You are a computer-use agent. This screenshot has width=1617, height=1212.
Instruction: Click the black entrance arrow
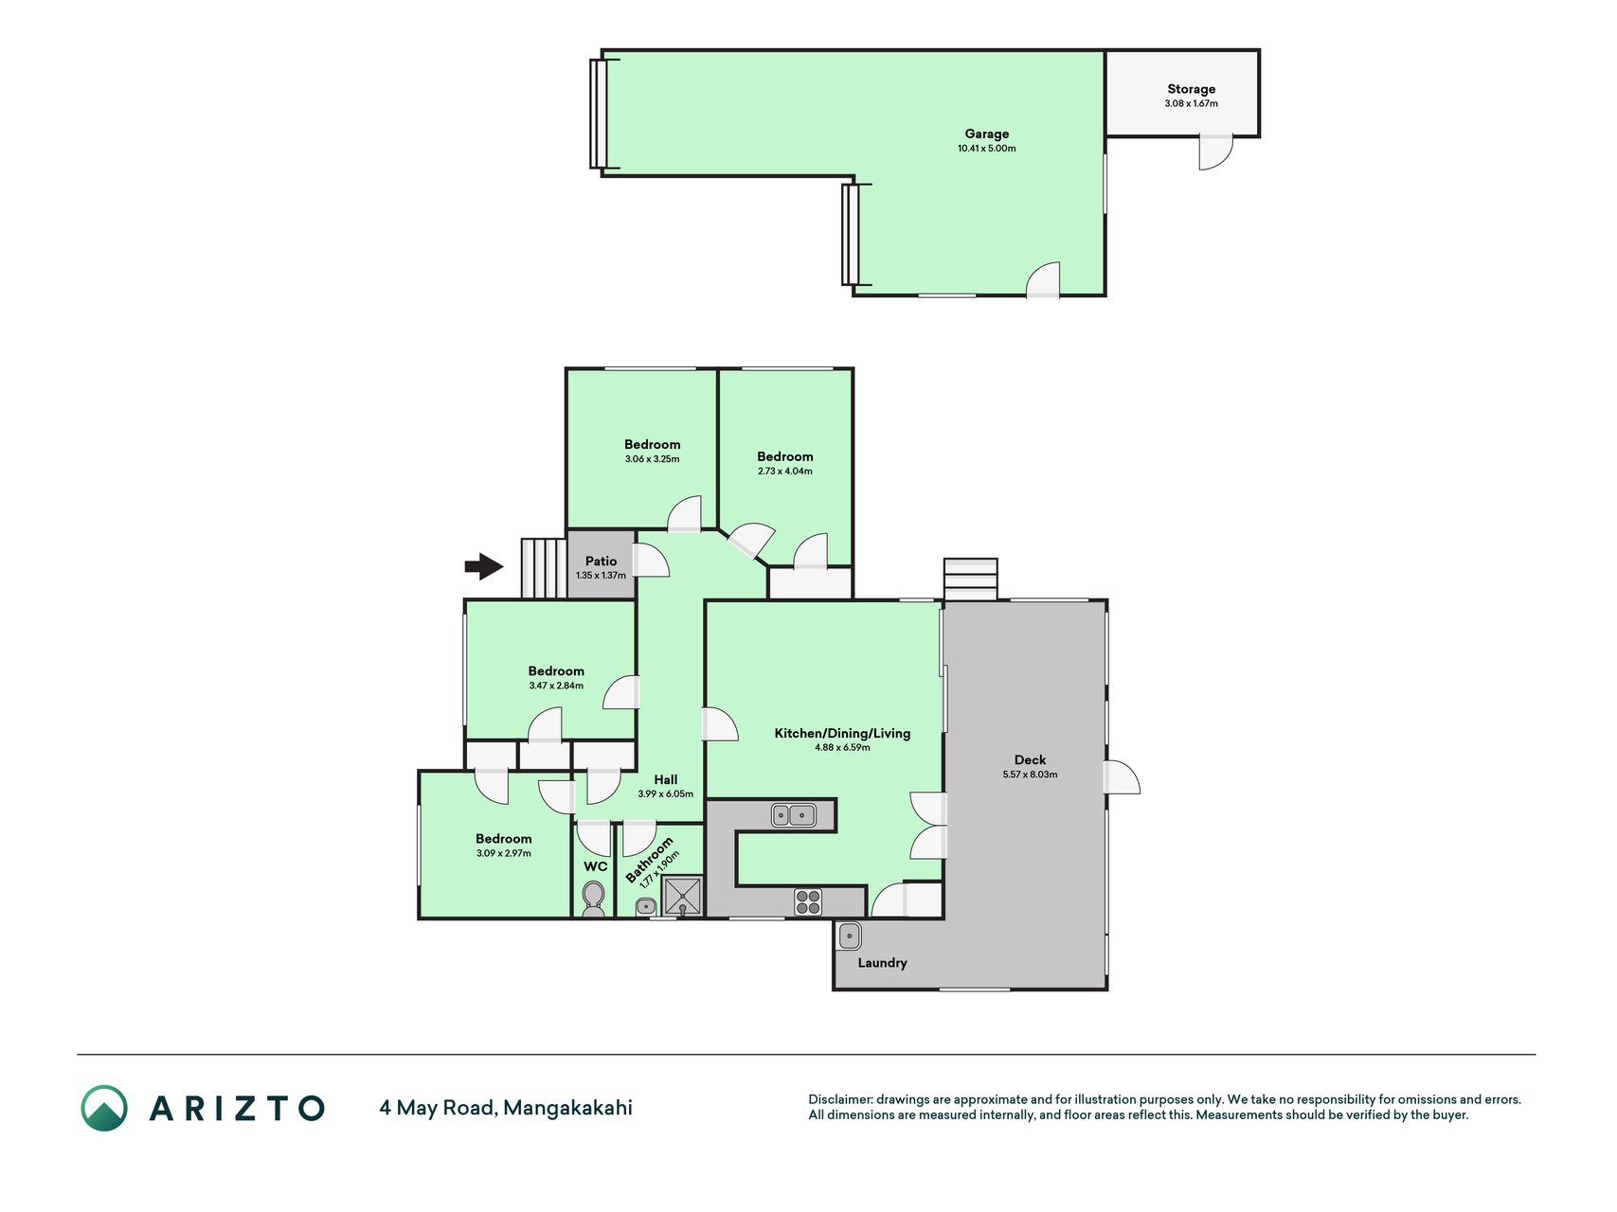(484, 566)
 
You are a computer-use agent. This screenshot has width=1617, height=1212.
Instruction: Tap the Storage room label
(1191, 89)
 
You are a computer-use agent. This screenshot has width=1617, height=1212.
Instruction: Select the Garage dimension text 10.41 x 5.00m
(986, 149)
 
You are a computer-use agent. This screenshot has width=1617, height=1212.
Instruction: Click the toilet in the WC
(594, 898)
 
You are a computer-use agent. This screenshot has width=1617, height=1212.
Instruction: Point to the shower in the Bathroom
(682, 896)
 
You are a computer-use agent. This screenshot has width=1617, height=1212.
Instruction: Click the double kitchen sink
(793, 814)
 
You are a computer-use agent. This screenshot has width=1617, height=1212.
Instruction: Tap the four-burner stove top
(808, 901)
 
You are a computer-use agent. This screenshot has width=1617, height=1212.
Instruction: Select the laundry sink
(850, 936)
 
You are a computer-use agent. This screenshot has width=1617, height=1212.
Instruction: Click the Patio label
(601, 561)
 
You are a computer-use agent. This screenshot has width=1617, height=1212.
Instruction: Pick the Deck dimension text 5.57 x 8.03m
(1030, 775)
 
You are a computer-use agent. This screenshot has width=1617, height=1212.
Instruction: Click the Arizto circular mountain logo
(104, 1108)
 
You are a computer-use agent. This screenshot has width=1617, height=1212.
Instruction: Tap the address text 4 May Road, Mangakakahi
(506, 1108)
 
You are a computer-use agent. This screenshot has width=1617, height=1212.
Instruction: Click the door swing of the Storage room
(1215, 152)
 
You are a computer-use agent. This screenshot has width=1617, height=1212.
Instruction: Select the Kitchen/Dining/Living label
(842, 733)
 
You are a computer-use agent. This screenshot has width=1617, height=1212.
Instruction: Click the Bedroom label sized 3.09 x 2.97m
(503, 839)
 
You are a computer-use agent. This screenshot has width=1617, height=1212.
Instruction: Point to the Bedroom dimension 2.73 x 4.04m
(784, 472)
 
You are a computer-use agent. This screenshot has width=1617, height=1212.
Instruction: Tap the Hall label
(665, 780)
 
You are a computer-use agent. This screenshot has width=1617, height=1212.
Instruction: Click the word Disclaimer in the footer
(839, 1099)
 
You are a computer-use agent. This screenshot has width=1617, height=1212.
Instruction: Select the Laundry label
(882, 963)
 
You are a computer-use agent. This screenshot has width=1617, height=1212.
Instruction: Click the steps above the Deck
(970, 579)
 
